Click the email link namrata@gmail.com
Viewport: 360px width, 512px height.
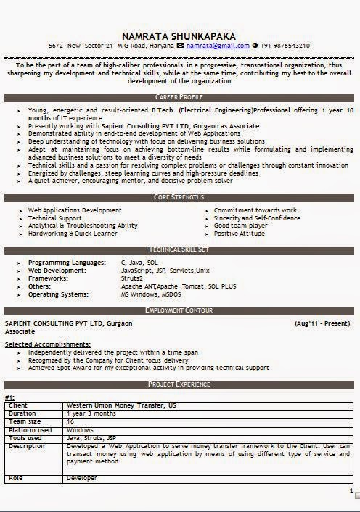click(x=217, y=46)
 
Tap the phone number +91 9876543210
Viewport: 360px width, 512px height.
click(x=285, y=46)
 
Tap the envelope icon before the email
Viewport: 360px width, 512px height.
click(x=180, y=46)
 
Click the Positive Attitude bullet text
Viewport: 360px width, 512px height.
click(x=240, y=234)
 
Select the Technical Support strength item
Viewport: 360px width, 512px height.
click(x=55, y=218)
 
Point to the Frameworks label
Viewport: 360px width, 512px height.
click(x=49, y=278)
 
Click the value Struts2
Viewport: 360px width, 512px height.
click(x=132, y=278)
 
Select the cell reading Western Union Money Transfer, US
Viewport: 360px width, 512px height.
click(x=120, y=405)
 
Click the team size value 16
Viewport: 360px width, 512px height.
click(x=70, y=421)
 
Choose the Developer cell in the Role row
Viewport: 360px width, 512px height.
click(x=81, y=479)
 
